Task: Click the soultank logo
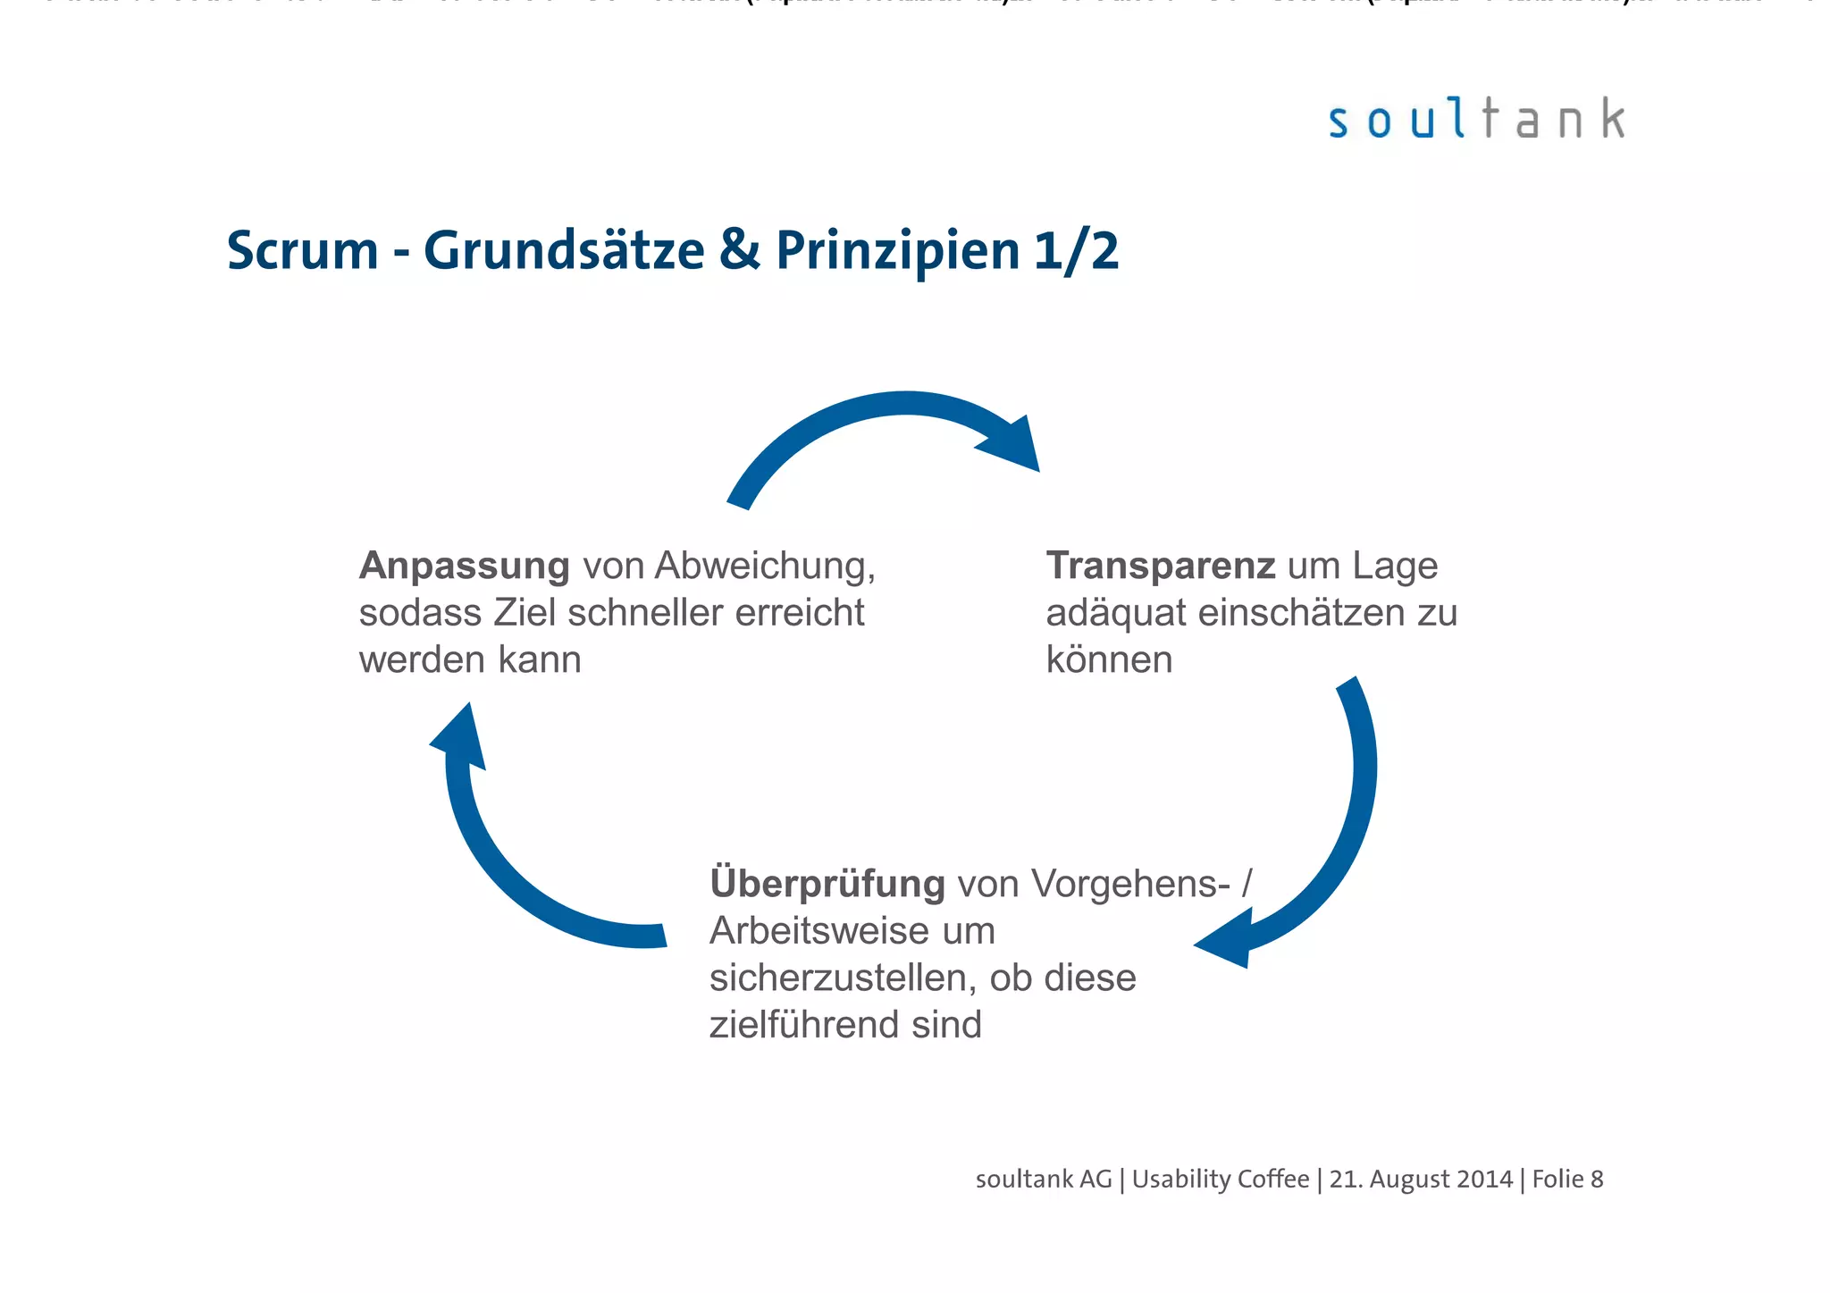1476,120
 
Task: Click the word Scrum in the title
303,251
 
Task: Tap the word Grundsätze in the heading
564,251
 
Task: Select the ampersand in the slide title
740,251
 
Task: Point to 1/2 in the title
1076,251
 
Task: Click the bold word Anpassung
465,566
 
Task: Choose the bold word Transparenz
1160,566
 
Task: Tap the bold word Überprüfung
827,884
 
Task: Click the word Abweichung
764,566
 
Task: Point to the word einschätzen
1301,613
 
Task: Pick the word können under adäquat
1109,660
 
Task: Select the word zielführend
802,1025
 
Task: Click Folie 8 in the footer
1567,1180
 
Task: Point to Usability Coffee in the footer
1221,1180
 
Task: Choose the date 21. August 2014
1421,1180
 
